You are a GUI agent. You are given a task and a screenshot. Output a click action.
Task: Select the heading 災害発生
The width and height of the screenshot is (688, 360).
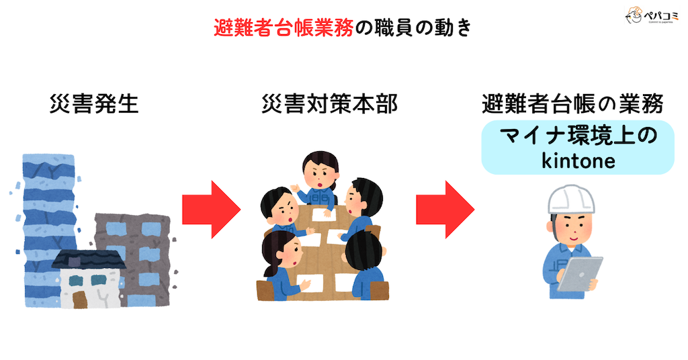pos(94,104)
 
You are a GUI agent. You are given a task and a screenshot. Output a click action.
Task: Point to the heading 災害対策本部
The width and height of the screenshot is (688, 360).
pos(329,104)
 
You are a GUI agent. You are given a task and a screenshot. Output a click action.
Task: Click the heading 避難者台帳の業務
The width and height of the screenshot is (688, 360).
pos(573,104)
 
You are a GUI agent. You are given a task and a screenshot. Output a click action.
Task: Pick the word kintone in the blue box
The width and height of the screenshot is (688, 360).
pos(578,161)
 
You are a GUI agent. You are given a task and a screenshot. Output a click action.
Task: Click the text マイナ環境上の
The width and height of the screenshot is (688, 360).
pos(578,136)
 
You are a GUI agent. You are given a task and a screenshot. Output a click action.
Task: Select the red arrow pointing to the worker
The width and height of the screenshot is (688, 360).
pos(445,209)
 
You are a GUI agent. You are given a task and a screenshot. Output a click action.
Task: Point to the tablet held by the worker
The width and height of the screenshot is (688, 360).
pos(579,275)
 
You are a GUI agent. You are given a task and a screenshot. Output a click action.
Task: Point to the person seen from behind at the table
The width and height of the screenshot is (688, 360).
pos(367,265)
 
